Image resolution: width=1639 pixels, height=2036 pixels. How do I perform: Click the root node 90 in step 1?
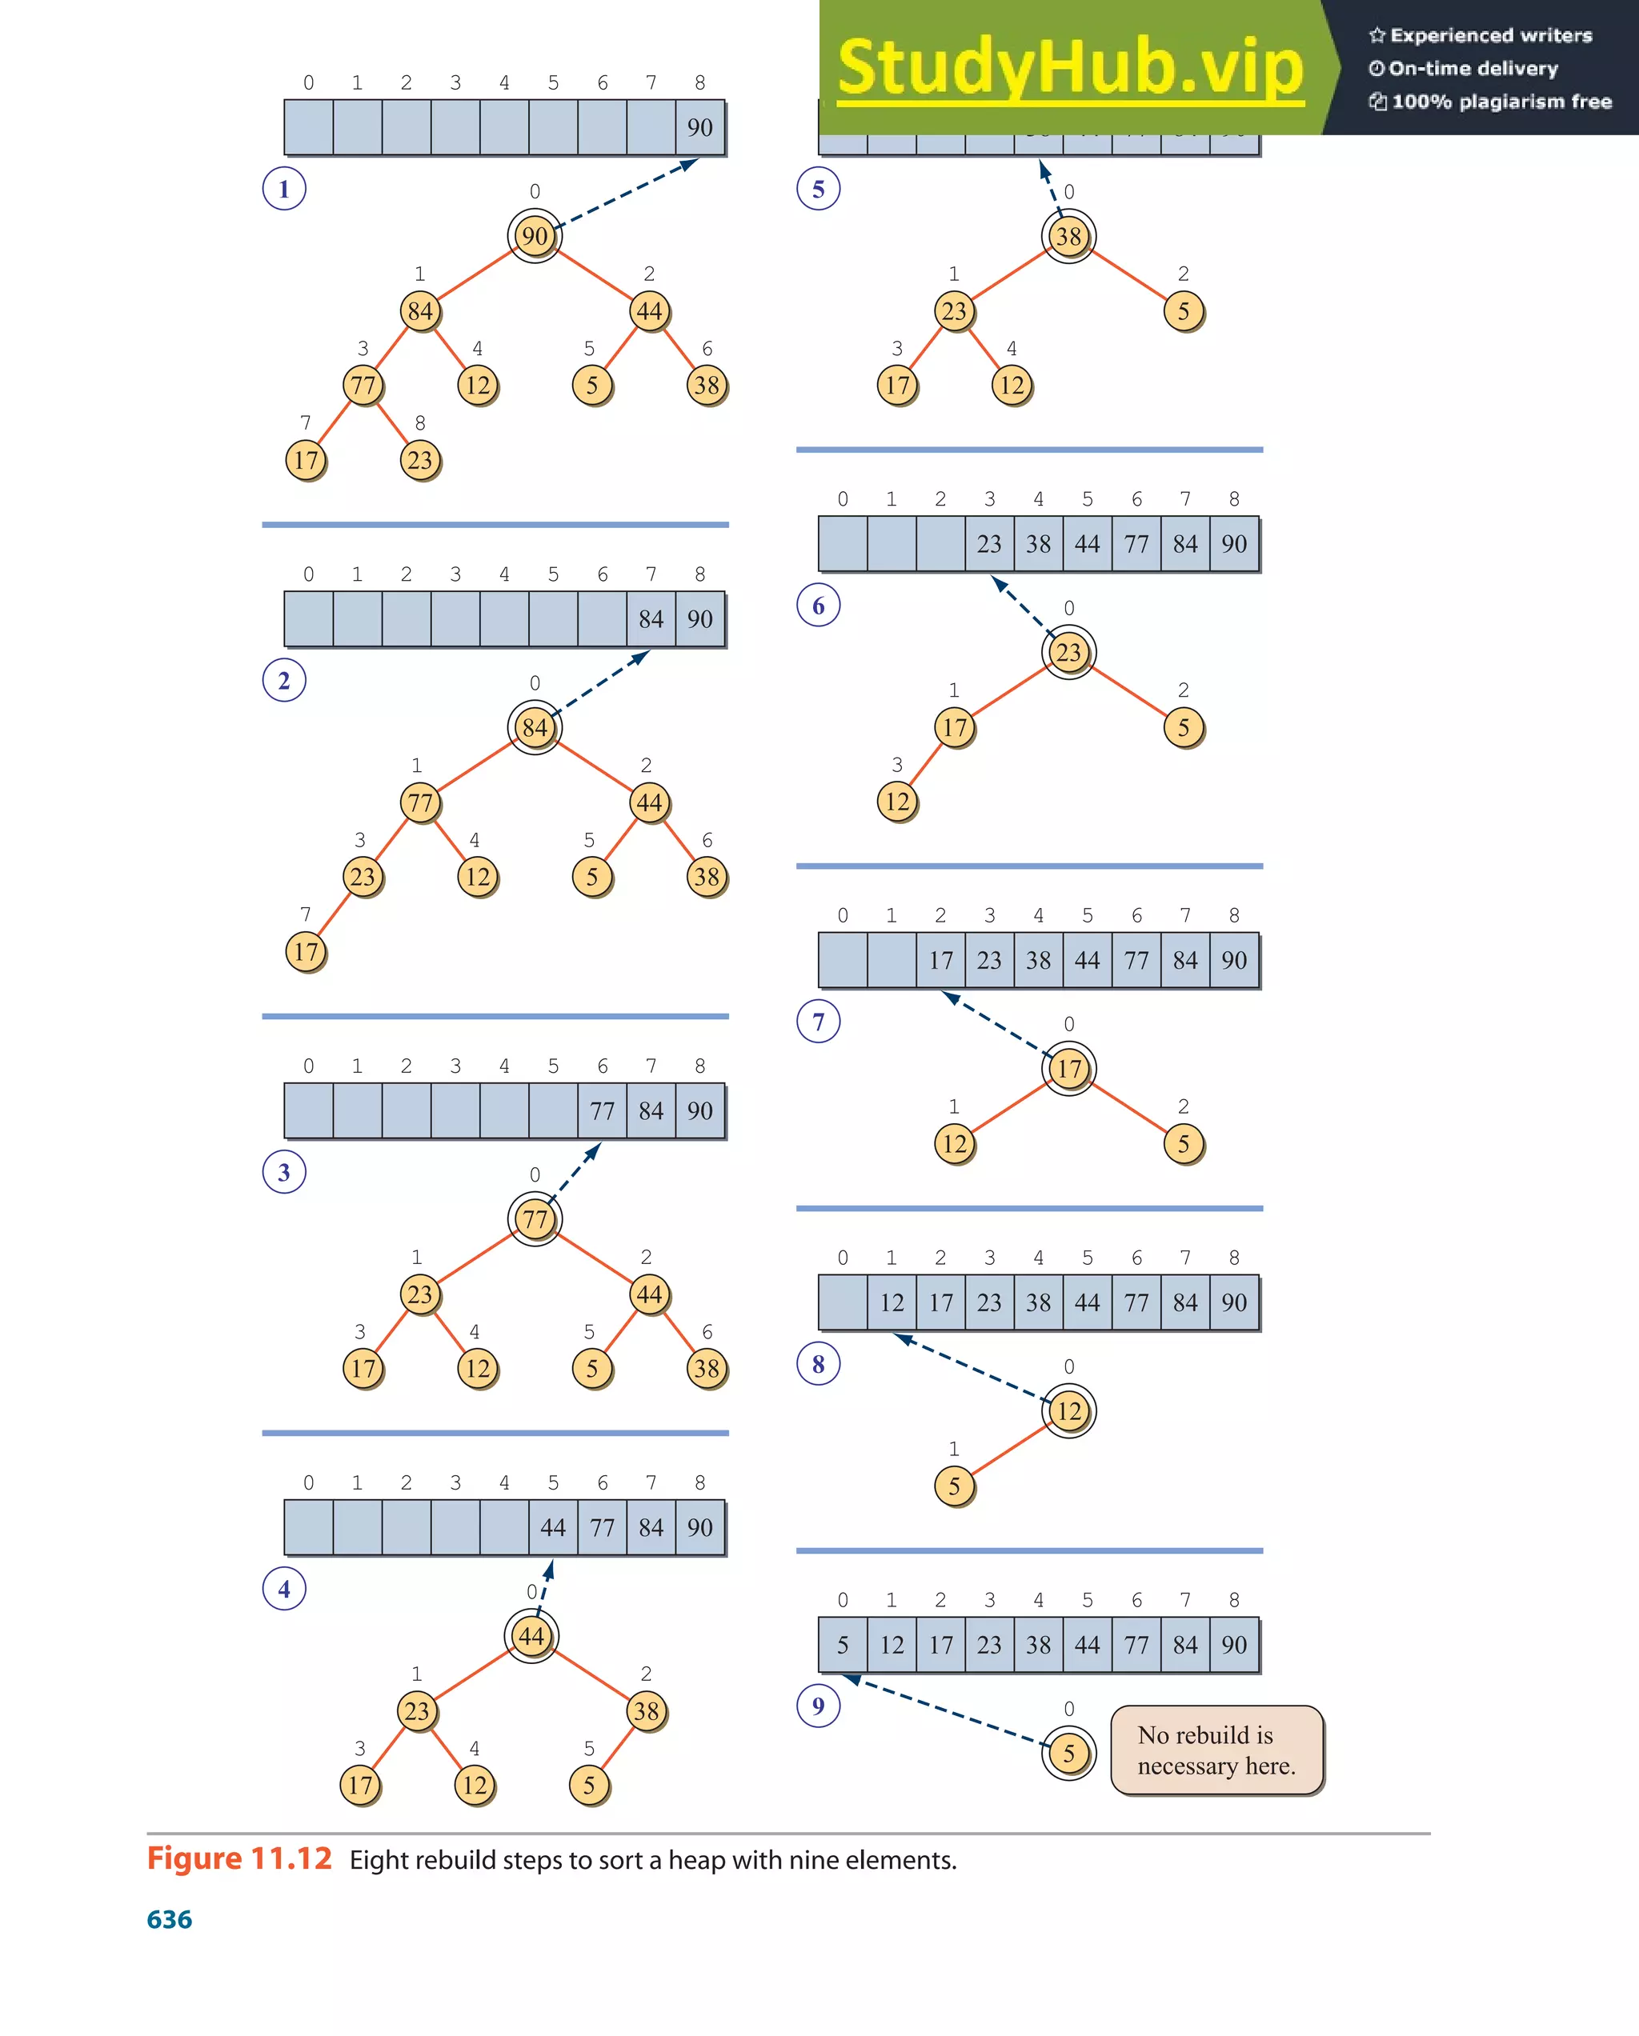[x=535, y=236]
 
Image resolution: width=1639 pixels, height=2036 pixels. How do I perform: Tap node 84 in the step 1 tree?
[x=420, y=310]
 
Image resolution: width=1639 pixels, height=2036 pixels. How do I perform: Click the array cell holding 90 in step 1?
[x=700, y=127]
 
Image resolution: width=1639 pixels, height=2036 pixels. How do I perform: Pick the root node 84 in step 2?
[x=535, y=727]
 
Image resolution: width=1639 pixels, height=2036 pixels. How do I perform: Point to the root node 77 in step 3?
[x=535, y=1219]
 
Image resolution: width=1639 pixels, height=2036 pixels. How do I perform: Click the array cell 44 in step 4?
[x=553, y=1527]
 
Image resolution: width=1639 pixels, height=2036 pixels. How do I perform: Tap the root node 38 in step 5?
[x=1068, y=236]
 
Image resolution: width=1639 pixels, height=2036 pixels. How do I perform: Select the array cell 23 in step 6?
[x=989, y=544]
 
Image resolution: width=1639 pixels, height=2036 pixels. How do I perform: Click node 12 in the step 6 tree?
[x=897, y=802]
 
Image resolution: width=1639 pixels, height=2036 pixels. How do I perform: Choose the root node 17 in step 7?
[x=1068, y=1069]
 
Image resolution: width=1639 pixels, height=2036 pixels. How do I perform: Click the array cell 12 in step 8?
[x=892, y=1302]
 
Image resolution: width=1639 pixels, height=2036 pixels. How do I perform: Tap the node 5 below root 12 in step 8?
[x=954, y=1486]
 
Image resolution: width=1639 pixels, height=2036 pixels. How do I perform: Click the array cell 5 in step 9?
[x=843, y=1644]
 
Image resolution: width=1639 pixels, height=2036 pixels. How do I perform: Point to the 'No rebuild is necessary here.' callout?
[x=1216, y=1750]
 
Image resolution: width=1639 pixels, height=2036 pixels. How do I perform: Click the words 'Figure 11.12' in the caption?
[x=240, y=1858]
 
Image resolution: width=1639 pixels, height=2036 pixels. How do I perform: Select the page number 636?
[x=170, y=1919]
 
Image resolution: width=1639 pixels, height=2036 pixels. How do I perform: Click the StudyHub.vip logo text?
[x=1070, y=66]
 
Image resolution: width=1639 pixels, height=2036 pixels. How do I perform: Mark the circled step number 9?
[x=818, y=1706]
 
